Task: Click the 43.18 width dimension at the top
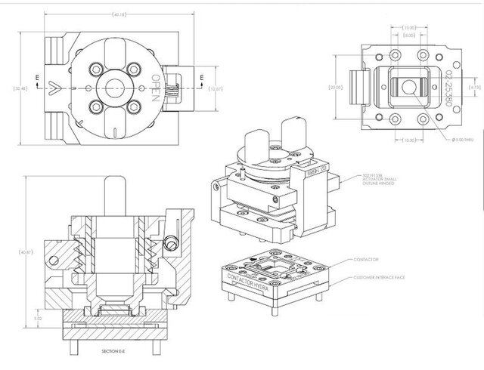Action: point(119,14)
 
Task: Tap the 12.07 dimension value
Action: point(216,88)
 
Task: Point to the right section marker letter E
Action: point(202,78)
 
